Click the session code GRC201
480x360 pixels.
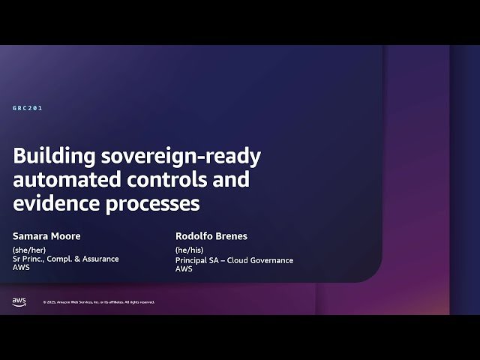pos(27,109)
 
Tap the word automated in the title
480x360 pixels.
pos(62,180)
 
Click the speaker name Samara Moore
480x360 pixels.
pos(46,236)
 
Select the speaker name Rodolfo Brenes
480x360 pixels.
pos(211,236)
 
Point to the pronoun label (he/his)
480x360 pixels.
pos(190,250)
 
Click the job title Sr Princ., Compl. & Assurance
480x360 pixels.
pos(65,259)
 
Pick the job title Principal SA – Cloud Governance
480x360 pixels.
pos(234,260)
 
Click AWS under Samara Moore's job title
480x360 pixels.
pos(21,268)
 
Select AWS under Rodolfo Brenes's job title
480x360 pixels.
pos(184,268)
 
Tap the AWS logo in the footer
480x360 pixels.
pos(19,301)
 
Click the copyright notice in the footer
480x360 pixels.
pos(99,302)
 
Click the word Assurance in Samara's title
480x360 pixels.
pos(100,259)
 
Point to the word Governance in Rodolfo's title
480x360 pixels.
pos(273,260)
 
